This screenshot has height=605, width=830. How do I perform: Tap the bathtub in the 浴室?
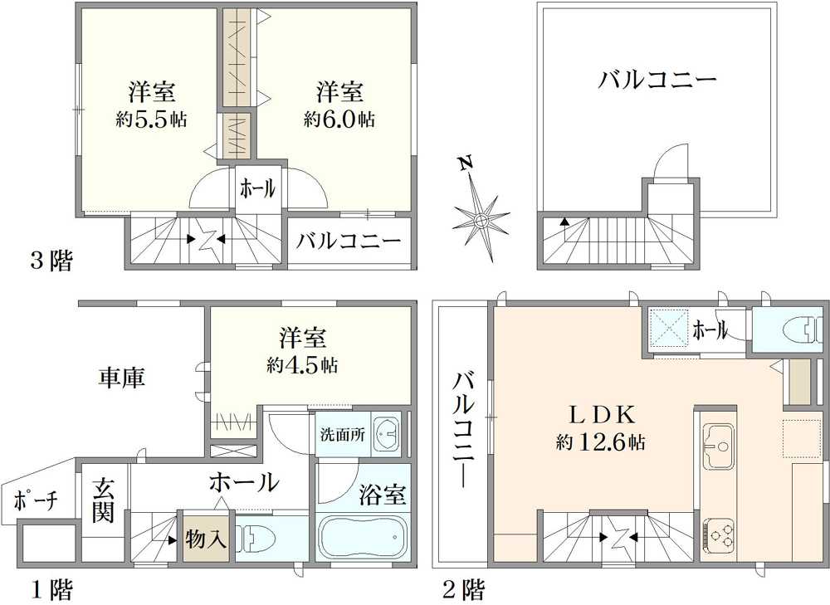[361, 539]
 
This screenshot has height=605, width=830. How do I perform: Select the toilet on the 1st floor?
[257, 539]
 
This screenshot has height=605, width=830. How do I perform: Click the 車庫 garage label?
[122, 378]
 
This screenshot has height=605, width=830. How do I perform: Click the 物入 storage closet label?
[206, 539]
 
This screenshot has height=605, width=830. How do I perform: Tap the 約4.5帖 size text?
[302, 364]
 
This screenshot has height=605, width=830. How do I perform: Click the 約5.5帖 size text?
[151, 120]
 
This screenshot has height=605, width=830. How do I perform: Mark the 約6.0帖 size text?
[339, 120]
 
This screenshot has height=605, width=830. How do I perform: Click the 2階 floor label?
[463, 590]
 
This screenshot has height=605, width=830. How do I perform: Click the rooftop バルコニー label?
[657, 81]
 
